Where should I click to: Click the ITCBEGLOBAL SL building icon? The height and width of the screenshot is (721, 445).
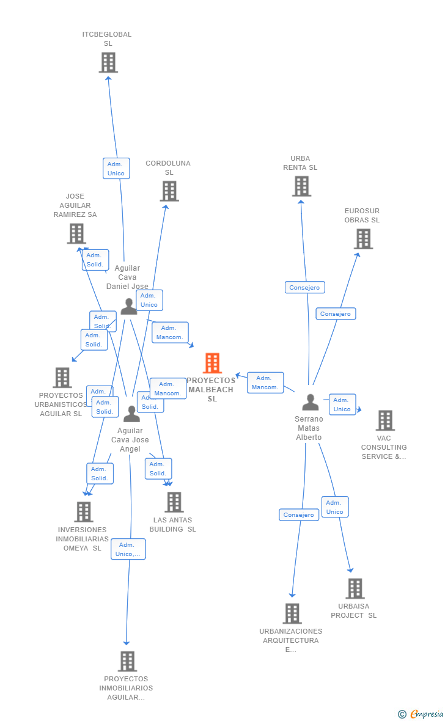pyautogui.click(x=108, y=62)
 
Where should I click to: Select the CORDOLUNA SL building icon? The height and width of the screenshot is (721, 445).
pyautogui.click(x=169, y=191)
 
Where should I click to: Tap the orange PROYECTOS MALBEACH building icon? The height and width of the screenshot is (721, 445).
pyautogui.click(x=212, y=363)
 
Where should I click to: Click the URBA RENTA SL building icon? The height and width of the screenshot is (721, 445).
pyautogui.click(x=301, y=186)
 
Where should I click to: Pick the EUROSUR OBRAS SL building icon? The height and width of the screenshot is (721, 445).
pyautogui.click(x=363, y=239)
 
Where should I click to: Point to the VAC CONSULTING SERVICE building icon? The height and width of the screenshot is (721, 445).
pyautogui.click(x=385, y=420)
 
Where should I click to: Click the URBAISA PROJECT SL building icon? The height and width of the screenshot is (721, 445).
pyautogui.click(x=355, y=588)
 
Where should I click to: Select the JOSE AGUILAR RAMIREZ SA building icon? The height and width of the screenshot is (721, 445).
pyautogui.click(x=76, y=233)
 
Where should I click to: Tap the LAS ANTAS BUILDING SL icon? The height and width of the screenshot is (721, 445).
pyautogui.click(x=174, y=502)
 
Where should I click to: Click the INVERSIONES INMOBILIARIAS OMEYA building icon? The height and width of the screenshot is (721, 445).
pyautogui.click(x=83, y=512)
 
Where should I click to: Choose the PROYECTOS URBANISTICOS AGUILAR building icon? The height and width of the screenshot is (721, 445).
pyautogui.click(x=62, y=378)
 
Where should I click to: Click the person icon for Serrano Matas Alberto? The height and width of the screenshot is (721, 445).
pyautogui.click(x=311, y=403)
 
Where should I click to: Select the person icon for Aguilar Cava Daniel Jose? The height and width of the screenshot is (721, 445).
pyautogui.click(x=128, y=306)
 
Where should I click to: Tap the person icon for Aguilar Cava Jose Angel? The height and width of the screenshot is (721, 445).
pyautogui.click(x=131, y=414)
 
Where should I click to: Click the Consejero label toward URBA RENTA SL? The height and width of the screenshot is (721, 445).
pyautogui.click(x=304, y=287)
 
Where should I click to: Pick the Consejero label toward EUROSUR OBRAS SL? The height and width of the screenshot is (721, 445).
pyautogui.click(x=336, y=313)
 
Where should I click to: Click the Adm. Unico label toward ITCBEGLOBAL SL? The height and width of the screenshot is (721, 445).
pyautogui.click(x=116, y=169)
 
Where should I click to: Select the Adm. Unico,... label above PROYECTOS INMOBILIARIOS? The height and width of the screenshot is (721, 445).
pyautogui.click(x=128, y=549)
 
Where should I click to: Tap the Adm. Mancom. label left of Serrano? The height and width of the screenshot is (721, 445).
pyautogui.click(x=265, y=382)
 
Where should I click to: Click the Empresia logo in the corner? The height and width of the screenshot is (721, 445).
pyautogui.click(x=422, y=714)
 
